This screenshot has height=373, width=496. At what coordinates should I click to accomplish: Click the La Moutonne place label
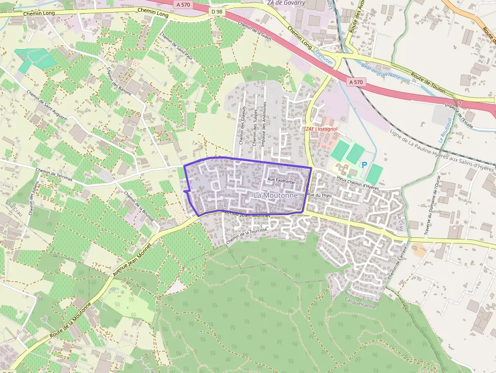coord(276,195)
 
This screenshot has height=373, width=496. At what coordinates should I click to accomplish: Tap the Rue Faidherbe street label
coord(281,180)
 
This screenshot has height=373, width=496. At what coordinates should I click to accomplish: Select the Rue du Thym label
coord(320,195)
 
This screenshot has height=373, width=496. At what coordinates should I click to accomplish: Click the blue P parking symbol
coord(364,164)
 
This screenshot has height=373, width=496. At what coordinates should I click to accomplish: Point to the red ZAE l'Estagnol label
coord(323,129)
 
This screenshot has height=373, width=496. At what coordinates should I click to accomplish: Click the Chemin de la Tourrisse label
coord(247,235)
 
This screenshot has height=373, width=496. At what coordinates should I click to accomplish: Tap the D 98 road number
coord(217,12)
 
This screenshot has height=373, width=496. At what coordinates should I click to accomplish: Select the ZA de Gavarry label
coord(286,3)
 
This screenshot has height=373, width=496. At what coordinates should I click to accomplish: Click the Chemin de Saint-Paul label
coord(175,46)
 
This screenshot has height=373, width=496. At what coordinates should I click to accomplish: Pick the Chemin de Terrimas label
coord(54,175)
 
